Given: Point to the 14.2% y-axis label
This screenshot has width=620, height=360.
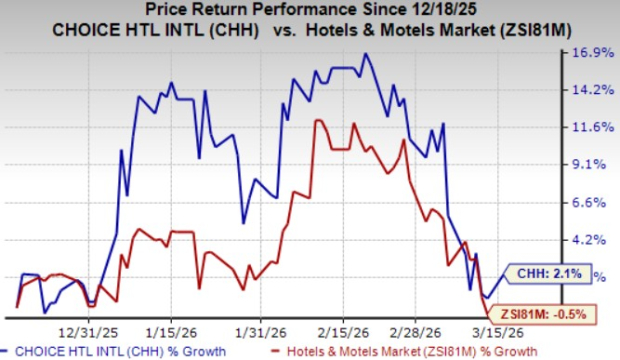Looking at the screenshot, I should coord(592,90).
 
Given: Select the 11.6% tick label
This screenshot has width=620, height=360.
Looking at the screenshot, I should coord(592,127).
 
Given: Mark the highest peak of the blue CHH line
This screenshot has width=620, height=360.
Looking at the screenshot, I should coord(366,53).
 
